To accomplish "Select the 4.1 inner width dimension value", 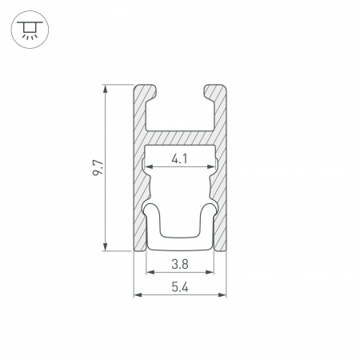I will click(180, 160).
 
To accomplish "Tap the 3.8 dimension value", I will click(180, 262).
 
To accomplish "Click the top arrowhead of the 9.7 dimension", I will click(106, 87).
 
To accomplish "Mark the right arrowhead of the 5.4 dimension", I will click(223, 296).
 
